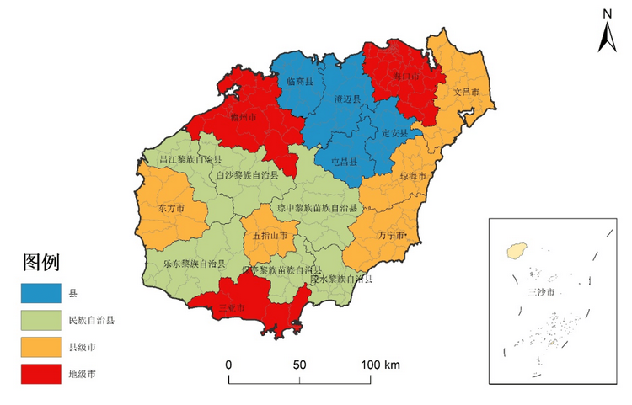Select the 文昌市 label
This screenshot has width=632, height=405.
[466, 91]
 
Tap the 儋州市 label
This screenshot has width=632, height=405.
[244, 119]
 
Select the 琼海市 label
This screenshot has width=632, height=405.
[413, 177]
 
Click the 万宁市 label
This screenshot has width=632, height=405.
[393, 235]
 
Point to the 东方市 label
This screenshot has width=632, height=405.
[171, 207]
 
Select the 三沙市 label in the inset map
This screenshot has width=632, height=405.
[539, 293]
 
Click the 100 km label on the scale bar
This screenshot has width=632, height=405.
[382, 365]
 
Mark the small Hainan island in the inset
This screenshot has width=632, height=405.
[515, 251]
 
